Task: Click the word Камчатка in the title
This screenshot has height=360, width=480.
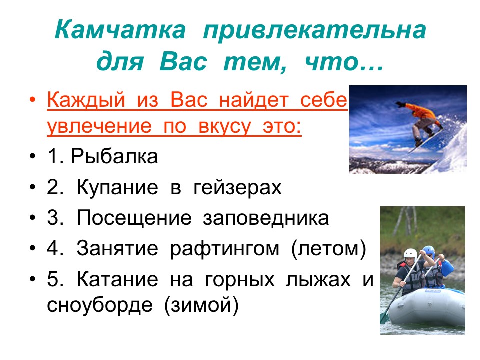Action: (120, 29)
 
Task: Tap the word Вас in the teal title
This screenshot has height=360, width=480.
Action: (183, 62)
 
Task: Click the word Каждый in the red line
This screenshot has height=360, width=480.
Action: (86, 100)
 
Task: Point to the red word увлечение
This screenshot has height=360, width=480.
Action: (99, 126)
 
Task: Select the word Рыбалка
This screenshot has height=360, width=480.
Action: (114, 156)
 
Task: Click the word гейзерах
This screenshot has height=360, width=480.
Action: (237, 187)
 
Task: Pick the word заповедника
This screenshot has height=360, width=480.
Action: (266, 218)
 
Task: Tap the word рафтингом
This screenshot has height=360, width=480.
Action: (224, 249)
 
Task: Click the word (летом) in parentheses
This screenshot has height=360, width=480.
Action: (329, 249)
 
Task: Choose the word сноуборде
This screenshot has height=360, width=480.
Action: (100, 305)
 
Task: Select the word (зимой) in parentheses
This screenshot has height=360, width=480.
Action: (201, 305)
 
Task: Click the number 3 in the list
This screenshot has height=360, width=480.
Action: (53, 218)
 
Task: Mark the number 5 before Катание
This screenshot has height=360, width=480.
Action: (53, 279)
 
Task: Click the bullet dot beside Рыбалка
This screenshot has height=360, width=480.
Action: (33, 156)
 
